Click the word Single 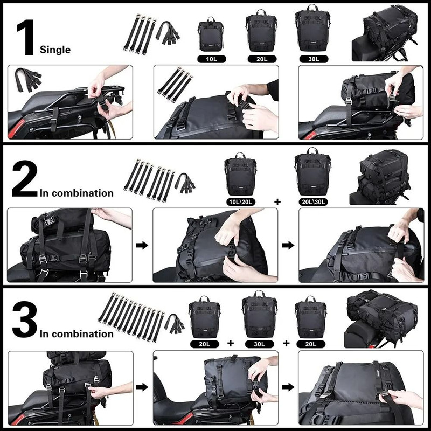[55, 50]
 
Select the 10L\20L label [241, 201]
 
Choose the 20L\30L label [314, 201]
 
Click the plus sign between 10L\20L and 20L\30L [277, 201]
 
